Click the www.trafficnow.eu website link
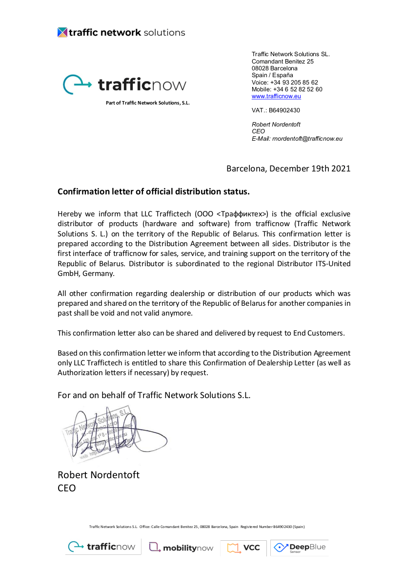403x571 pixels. (276, 96)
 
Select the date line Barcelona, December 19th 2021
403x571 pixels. (288, 169)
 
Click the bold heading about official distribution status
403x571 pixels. (154, 191)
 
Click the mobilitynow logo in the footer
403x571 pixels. (181, 548)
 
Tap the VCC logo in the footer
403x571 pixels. (243, 548)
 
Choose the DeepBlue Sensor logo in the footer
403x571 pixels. (300, 548)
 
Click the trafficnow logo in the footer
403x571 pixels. (101, 547)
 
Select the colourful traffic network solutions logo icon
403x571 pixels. (62, 33)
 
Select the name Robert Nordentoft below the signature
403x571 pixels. (99, 475)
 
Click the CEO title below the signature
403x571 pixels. (67, 487)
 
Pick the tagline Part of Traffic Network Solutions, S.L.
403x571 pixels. (147, 103)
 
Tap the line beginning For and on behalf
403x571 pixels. (154, 395)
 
